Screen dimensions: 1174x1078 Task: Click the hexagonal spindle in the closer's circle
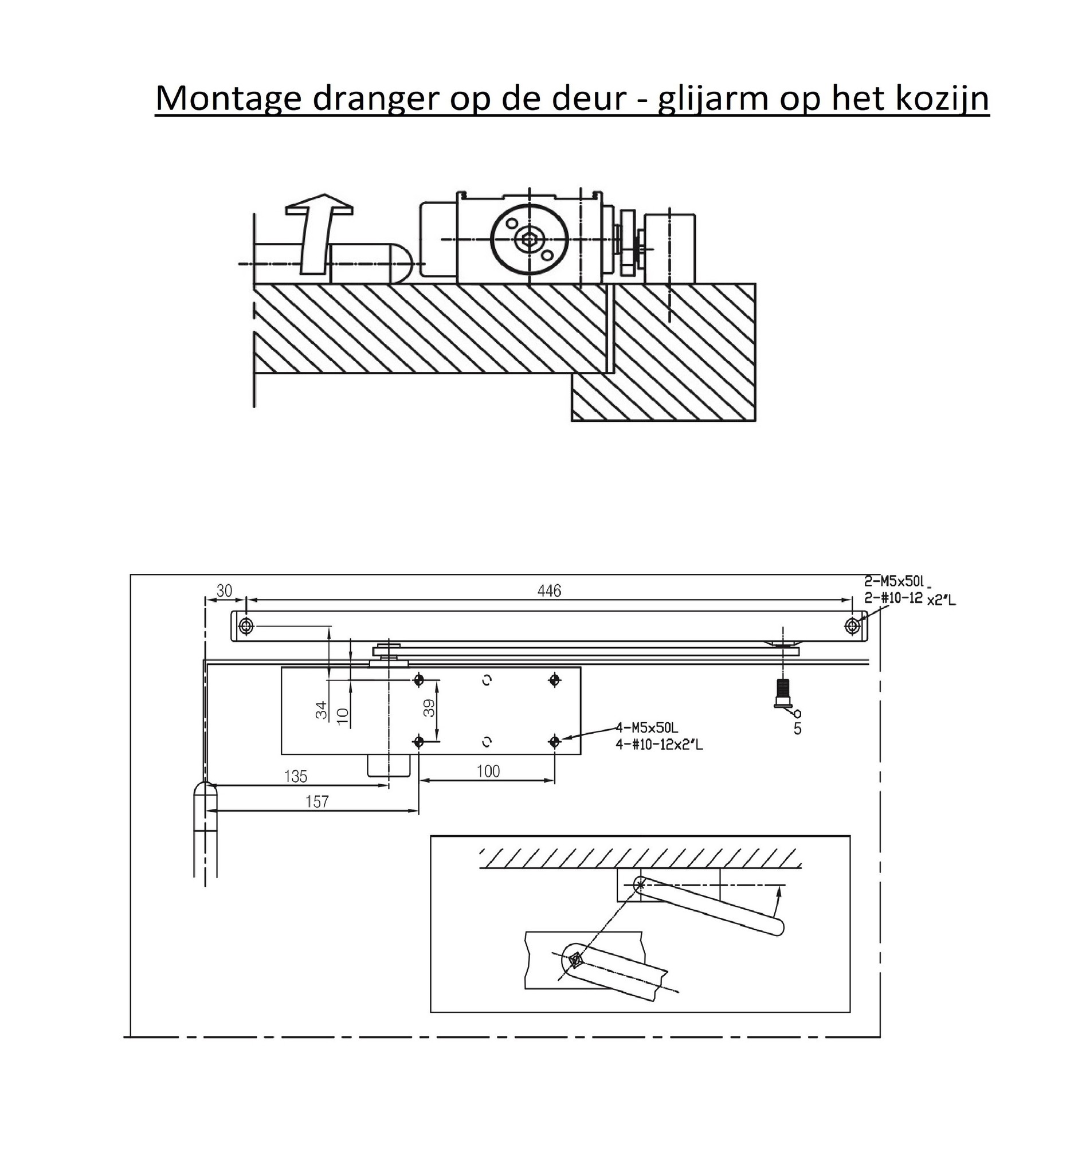(x=529, y=239)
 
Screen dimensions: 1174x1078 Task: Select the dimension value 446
(x=549, y=591)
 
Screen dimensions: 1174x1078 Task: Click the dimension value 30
(x=224, y=591)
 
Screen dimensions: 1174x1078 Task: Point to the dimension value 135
(x=296, y=776)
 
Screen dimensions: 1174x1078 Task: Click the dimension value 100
(x=488, y=772)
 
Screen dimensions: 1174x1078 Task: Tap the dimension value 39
(x=429, y=709)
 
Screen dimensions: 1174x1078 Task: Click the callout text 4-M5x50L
(x=647, y=727)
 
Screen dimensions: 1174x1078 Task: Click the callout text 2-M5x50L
(x=894, y=581)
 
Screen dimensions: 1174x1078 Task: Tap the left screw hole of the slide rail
(x=246, y=627)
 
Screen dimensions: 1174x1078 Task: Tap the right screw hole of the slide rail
(x=852, y=626)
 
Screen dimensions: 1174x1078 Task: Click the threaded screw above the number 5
(x=783, y=693)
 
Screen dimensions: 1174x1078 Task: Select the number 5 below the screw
(x=797, y=729)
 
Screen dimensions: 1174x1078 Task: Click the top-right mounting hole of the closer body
(x=554, y=680)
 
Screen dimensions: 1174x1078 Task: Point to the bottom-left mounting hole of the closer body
(x=418, y=742)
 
